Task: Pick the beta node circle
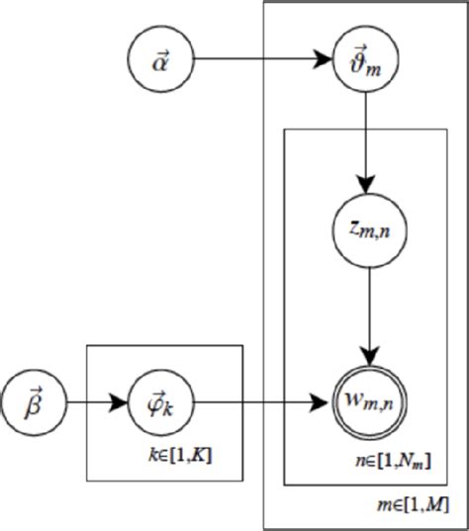point(37,403)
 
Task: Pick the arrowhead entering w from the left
point(322,403)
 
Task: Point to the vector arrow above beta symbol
point(38,390)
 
